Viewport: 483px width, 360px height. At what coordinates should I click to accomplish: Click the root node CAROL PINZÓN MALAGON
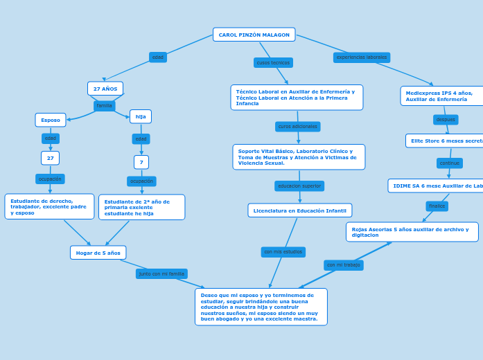click(x=254, y=35)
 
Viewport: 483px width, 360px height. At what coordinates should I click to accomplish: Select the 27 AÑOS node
click(x=105, y=89)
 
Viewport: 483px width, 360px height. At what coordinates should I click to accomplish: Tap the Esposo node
click(x=51, y=120)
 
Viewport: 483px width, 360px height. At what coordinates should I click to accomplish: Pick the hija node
click(x=141, y=116)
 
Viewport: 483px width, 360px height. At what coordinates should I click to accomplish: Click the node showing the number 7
click(x=141, y=162)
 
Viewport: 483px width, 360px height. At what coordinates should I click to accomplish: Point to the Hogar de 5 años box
click(x=98, y=253)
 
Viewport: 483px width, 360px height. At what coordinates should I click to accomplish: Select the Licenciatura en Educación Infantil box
click(x=299, y=210)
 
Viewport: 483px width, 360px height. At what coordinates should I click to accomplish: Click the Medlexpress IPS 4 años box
click(x=441, y=96)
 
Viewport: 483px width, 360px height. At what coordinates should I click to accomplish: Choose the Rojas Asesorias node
click(x=412, y=232)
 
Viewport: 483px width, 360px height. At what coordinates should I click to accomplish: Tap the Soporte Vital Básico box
click(x=299, y=157)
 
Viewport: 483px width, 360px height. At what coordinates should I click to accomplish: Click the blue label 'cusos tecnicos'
click(x=273, y=63)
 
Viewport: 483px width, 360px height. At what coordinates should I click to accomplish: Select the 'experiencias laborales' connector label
click(x=362, y=57)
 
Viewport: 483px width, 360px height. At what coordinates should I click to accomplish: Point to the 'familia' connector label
click(x=104, y=106)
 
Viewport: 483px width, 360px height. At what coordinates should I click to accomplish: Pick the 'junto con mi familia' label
click(x=161, y=273)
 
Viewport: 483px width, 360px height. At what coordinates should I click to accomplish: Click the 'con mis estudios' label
click(x=283, y=252)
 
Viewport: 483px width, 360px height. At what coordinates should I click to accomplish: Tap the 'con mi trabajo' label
click(x=344, y=265)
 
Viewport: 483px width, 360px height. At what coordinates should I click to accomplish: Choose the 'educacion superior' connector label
click(x=299, y=186)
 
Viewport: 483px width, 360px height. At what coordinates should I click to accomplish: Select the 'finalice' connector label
click(x=437, y=206)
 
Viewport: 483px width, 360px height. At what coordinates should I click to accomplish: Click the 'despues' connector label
click(x=446, y=120)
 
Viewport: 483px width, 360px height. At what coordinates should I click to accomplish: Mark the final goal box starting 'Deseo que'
click(x=261, y=307)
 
